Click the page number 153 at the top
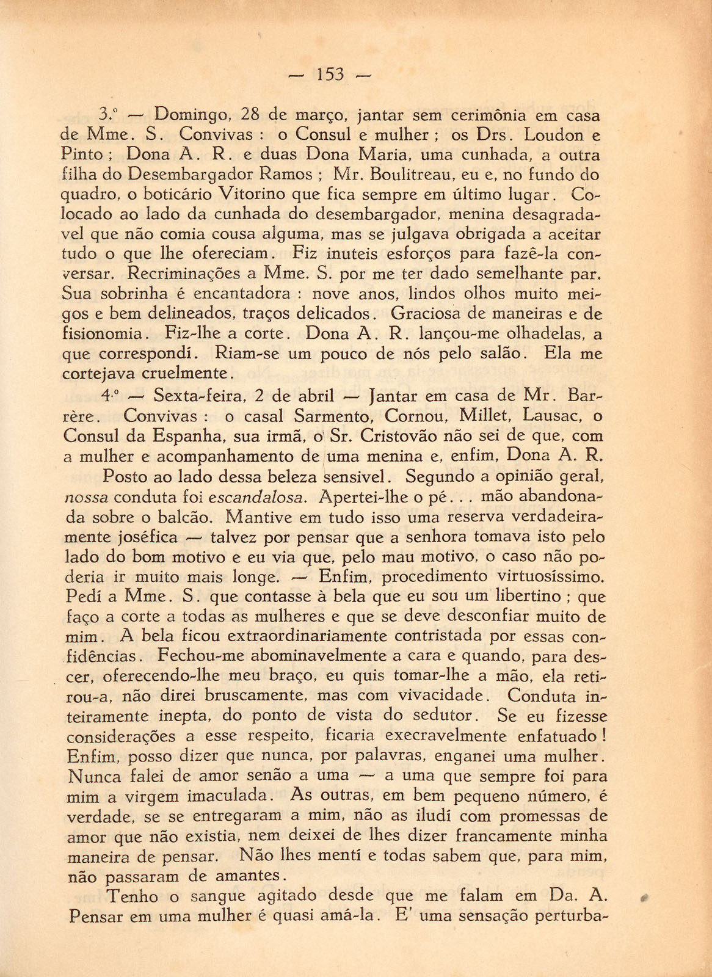coord(330,75)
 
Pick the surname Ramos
coord(286,175)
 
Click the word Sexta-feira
coord(200,396)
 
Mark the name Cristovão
coord(401,436)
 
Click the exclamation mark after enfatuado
coord(603,736)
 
